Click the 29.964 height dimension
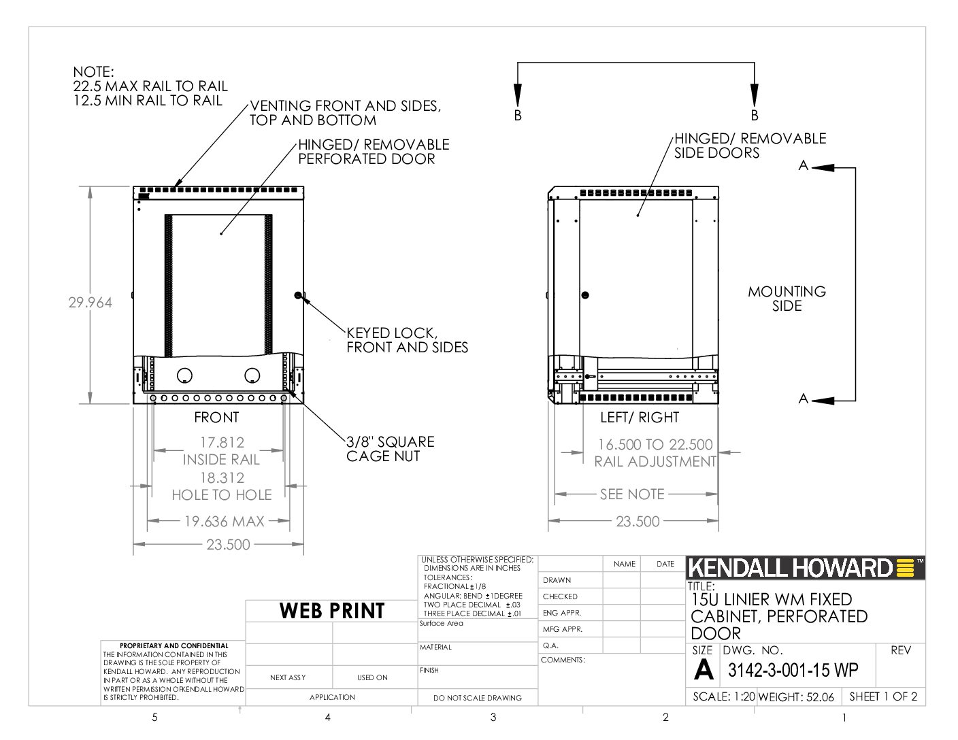90,303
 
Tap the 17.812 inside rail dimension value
222,442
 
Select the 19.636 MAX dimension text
224,522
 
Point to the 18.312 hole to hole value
222,477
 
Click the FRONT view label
216,417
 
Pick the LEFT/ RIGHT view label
640,417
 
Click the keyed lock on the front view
298,295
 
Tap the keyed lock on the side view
585,295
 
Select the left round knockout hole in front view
184,375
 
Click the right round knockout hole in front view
252,375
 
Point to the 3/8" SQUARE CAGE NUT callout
390,449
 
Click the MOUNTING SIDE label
787,299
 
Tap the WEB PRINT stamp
332,610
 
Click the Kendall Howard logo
805,568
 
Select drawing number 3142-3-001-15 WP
793,670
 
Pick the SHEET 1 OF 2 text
883,696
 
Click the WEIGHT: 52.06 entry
796,696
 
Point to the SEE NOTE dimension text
632,494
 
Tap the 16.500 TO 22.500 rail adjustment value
655,444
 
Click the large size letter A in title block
703,669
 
